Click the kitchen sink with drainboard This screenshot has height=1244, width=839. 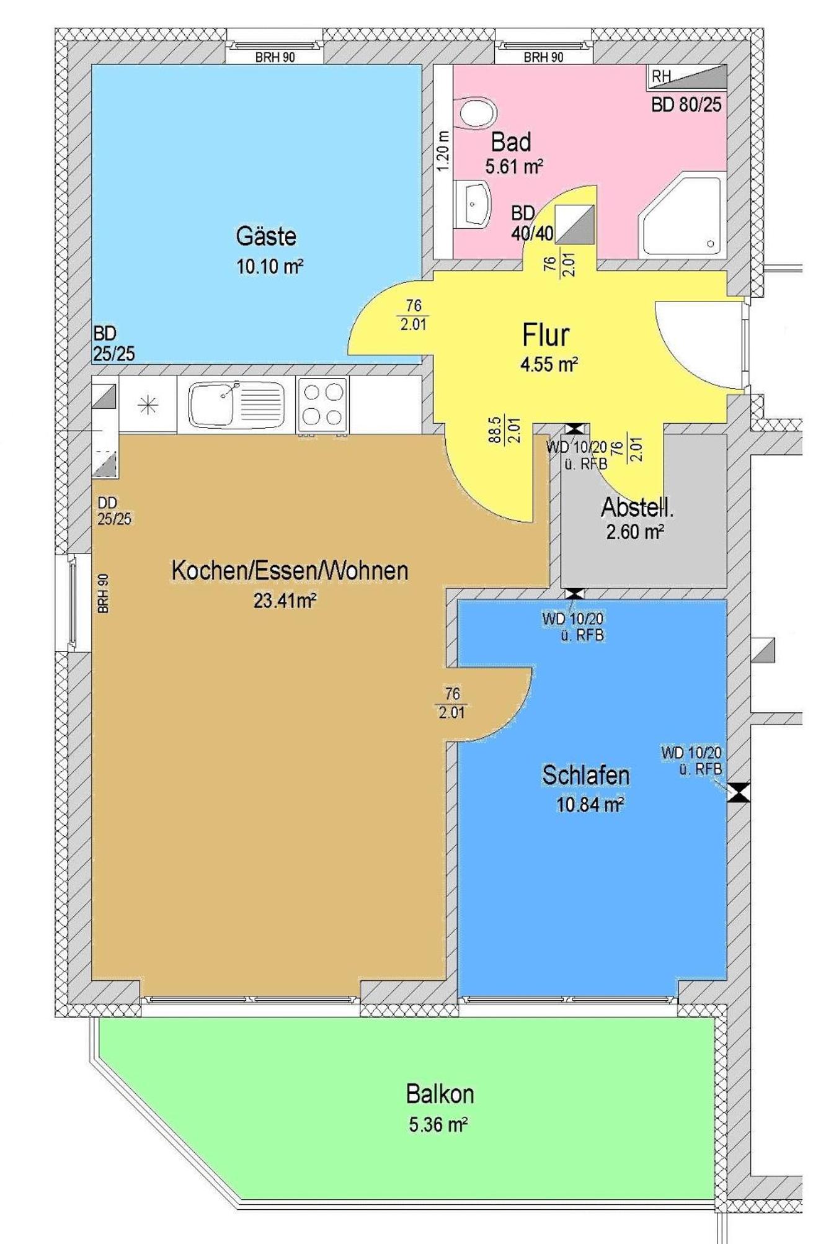click(236, 403)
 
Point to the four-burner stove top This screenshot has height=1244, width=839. click(322, 404)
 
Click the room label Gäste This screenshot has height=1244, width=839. click(266, 236)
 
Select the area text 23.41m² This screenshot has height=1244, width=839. click(285, 601)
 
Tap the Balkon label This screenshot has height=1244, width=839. click(440, 1093)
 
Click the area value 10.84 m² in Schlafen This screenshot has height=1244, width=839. click(590, 805)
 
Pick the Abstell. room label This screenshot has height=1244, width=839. click(637, 508)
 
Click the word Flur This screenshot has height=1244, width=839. click(546, 335)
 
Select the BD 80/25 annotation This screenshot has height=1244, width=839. click(686, 104)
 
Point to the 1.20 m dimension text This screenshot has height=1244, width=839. click(442, 152)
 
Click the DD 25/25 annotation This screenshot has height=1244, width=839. click(115, 511)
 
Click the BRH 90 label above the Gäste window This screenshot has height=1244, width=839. click(275, 57)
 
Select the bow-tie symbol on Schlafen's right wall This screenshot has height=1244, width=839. click(739, 793)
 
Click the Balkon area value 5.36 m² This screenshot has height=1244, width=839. click(438, 1124)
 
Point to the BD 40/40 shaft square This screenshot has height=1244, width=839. click(574, 224)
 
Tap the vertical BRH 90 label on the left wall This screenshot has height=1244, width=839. click(103, 594)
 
